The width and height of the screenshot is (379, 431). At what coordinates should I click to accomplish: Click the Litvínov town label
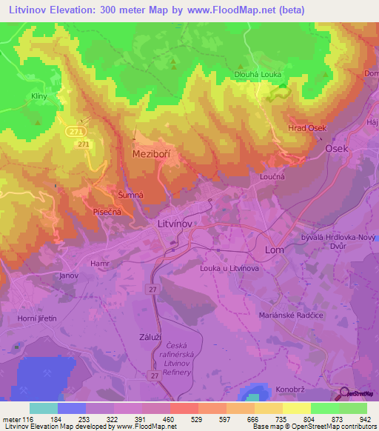(x=175, y=222)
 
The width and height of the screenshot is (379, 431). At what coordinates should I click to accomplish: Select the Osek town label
(x=337, y=148)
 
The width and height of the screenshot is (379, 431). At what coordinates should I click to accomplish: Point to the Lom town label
(x=275, y=250)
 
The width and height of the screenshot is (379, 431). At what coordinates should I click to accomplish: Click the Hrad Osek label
(x=307, y=128)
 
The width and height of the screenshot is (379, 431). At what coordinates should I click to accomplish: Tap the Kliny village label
(x=39, y=97)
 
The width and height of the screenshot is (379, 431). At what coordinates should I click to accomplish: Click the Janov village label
(x=69, y=275)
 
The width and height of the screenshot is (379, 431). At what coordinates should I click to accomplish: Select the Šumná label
(x=130, y=194)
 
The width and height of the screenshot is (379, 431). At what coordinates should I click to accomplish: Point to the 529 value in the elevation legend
(x=198, y=420)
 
